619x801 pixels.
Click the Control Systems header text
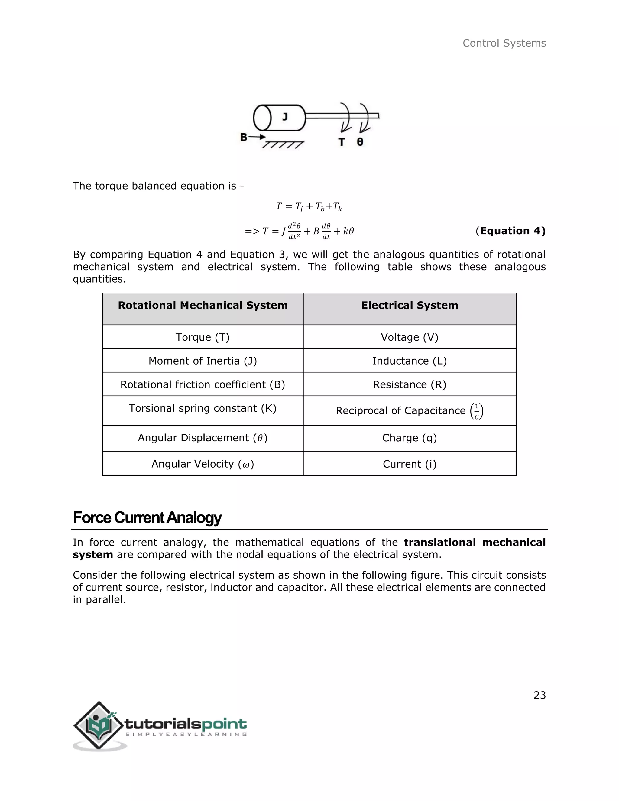click(x=504, y=43)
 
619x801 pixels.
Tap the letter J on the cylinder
click(x=285, y=117)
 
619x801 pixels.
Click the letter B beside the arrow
click(x=244, y=137)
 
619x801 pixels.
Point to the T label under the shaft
click(x=342, y=142)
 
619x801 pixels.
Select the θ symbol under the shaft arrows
click(x=360, y=142)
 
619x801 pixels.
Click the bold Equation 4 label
click(x=510, y=231)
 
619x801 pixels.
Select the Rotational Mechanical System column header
click(x=203, y=306)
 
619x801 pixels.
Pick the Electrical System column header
click(x=409, y=306)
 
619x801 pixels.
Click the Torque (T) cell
click(x=203, y=337)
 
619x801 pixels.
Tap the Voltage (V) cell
click(x=409, y=337)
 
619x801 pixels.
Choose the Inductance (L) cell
click(x=409, y=361)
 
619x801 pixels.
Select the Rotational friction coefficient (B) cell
click(x=203, y=384)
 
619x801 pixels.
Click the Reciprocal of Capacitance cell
click(x=409, y=411)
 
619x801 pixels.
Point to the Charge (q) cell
click(x=409, y=438)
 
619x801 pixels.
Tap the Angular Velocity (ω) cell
click(x=203, y=464)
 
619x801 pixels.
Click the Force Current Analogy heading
click(x=147, y=517)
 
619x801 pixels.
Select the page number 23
click(x=540, y=696)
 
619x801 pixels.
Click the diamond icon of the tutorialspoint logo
click(x=98, y=725)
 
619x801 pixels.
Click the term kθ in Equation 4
click(x=348, y=231)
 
